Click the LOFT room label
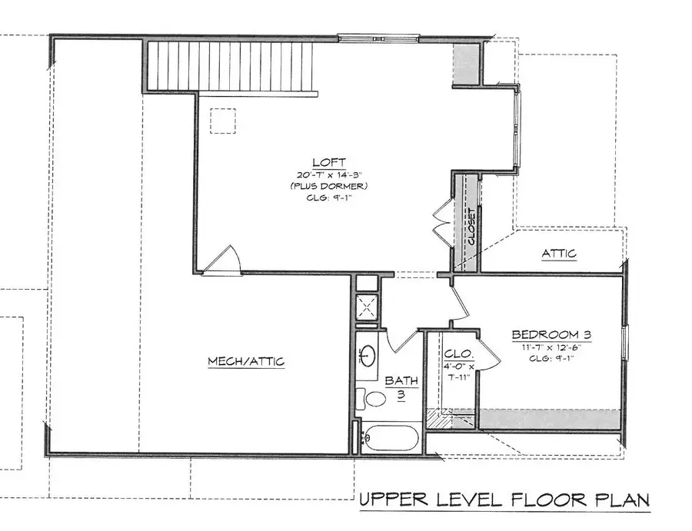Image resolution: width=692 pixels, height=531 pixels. pyautogui.click(x=322, y=162)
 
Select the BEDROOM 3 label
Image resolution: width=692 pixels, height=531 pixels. pyautogui.click(x=551, y=335)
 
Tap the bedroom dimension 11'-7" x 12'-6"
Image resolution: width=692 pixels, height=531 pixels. pyautogui.click(x=551, y=347)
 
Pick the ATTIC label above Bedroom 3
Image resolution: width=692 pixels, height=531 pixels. pyautogui.click(x=559, y=254)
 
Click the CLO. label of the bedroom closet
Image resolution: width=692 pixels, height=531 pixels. pyautogui.click(x=455, y=354)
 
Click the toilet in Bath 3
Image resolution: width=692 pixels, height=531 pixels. pyautogui.click(x=371, y=399)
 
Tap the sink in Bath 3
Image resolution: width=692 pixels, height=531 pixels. pyautogui.click(x=368, y=356)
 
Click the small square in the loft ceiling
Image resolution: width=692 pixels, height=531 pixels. pyautogui.click(x=223, y=121)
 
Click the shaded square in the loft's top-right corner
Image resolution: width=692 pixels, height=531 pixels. pyautogui.click(x=464, y=60)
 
